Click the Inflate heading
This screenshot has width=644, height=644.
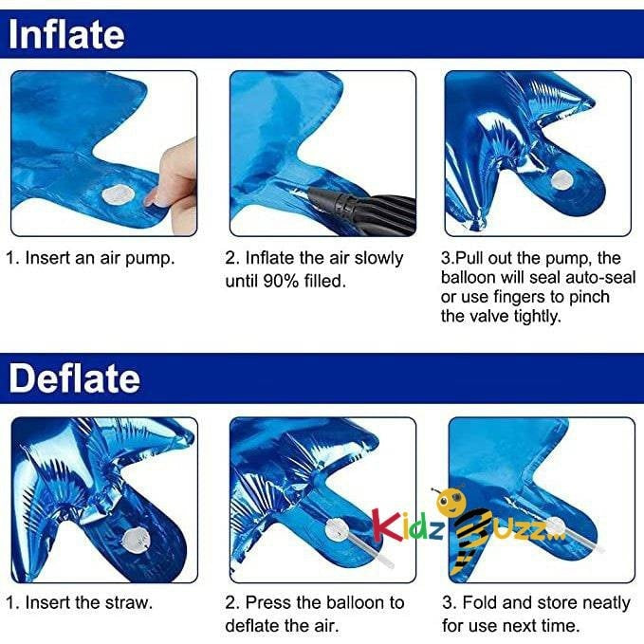click(x=66, y=34)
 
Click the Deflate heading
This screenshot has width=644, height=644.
click(x=74, y=378)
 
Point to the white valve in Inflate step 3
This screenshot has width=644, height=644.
click(x=561, y=179)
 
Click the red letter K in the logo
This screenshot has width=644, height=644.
click(x=387, y=524)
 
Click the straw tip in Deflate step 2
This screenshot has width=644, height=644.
click(x=390, y=564)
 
